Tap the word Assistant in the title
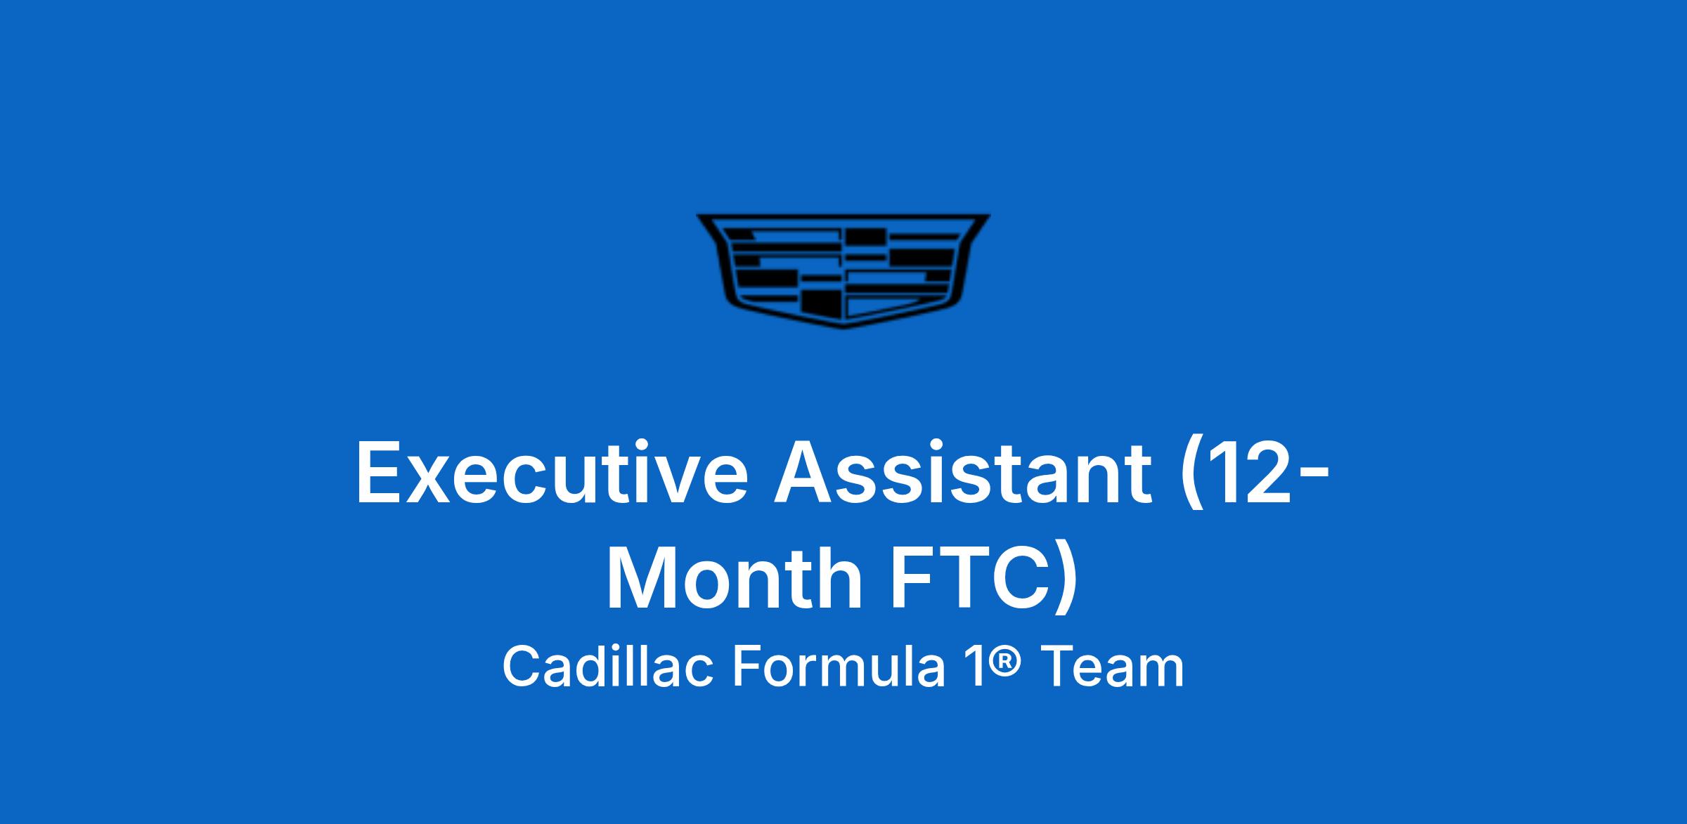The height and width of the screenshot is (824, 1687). pyautogui.click(x=964, y=471)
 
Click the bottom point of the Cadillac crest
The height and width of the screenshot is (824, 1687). pyautogui.click(x=843, y=328)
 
